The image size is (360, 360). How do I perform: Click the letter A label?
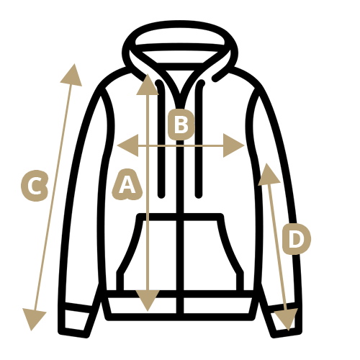127,184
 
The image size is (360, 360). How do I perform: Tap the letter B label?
181,125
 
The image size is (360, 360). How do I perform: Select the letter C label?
35,186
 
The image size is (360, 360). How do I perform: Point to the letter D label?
296,239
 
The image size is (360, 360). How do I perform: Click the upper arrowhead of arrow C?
72,76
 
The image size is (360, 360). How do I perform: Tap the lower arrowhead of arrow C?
33,319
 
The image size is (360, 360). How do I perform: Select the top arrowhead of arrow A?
148,85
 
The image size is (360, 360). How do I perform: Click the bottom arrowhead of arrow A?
148,300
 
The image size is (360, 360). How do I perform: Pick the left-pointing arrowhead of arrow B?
128,145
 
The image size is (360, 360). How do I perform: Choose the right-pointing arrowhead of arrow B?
233,145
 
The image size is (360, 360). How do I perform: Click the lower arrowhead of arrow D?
286,319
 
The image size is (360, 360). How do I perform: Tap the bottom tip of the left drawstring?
161,195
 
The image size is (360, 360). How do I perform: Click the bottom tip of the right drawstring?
199,195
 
